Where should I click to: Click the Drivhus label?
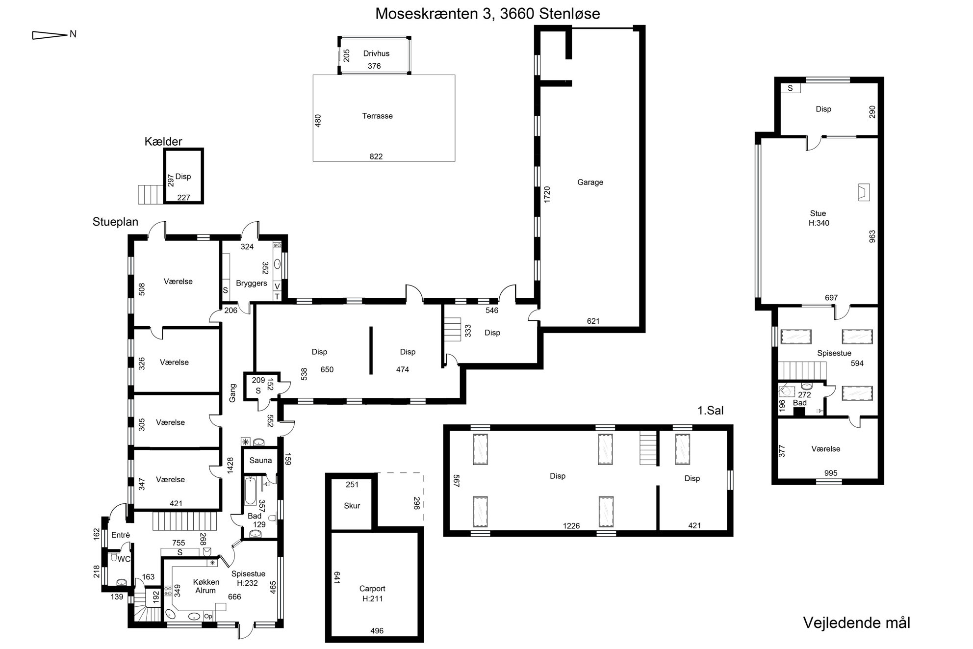pos(376,53)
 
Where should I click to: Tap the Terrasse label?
pos(377,116)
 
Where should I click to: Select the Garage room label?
pos(590,182)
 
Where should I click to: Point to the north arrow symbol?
pos(49,35)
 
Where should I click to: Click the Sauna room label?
pos(260,460)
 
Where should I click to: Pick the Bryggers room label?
pos(252,283)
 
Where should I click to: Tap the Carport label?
pos(372,589)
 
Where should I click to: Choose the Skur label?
pos(352,506)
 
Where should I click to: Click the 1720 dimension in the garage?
pos(547,195)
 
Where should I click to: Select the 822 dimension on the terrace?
pos(376,156)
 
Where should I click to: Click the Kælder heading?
pos(163,142)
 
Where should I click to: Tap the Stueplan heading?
pos(115,222)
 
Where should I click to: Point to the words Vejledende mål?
pos(856,623)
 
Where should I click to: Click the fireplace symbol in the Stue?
pos(864,192)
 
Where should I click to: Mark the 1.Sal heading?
pos(711,410)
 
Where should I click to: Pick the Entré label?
pos(121,535)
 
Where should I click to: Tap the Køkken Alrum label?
pos(206,586)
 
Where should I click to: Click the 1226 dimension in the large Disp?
pos(571,526)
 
